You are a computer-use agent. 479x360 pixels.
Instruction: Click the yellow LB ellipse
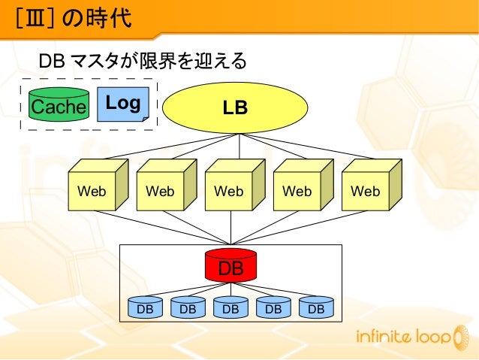tap(236, 107)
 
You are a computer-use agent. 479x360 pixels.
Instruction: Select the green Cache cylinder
tap(59, 107)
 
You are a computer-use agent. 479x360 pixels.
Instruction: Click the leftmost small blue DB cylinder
tap(146, 307)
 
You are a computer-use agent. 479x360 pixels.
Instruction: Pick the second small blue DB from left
tap(188, 307)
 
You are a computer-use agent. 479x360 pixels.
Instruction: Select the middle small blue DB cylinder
tap(230, 307)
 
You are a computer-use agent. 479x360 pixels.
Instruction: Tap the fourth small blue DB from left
tap(273, 307)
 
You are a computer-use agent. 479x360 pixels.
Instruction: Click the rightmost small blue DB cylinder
tap(316, 307)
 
